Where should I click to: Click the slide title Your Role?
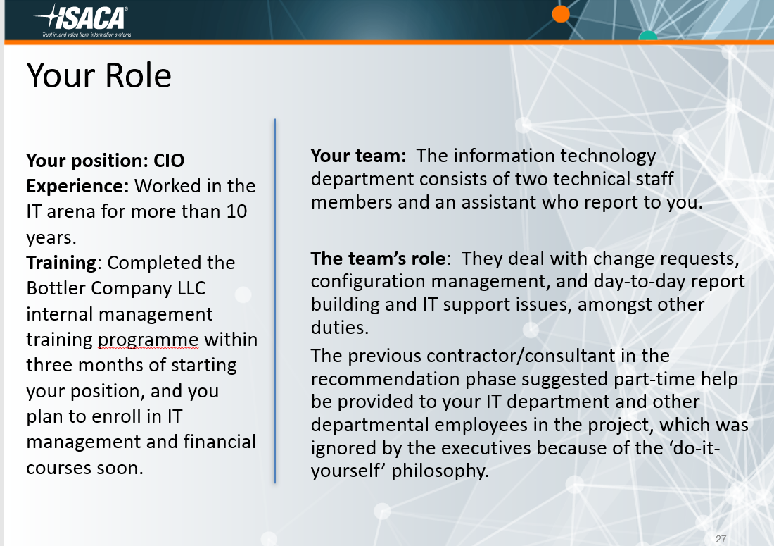coord(99,75)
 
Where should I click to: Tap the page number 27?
coord(721,539)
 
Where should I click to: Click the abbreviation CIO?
coord(169,161)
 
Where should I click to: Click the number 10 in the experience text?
coord(237,211)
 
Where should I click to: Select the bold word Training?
coord(61,263)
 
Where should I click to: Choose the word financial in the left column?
coord(218,442)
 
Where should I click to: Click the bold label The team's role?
coord(379,259)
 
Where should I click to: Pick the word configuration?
coord(368,282)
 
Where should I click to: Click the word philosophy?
coord(439,471)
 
